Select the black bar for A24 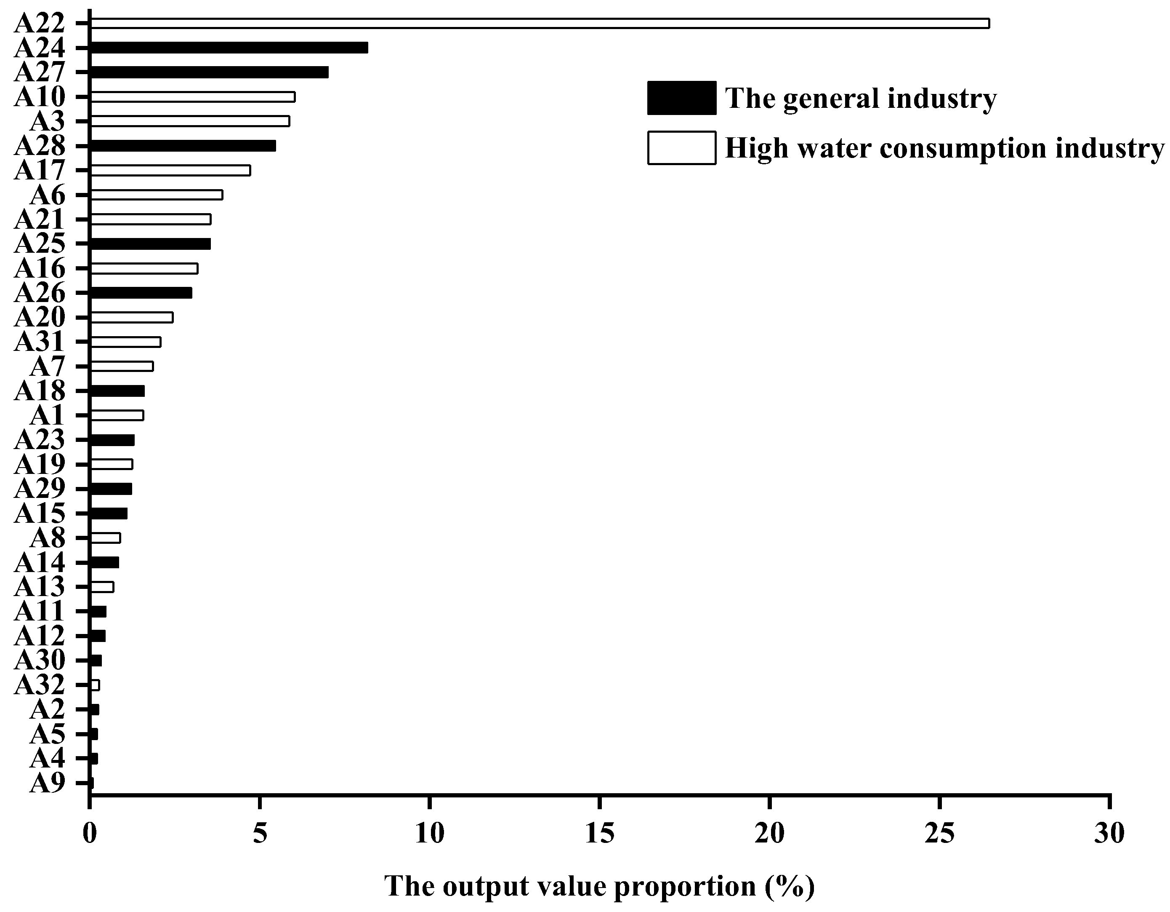pyautogui.click(x=229, y=48)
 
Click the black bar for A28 pyautogui.click(x=183, y=146)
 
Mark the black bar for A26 pyautogui.click(x=141, y=293)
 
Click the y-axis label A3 pyautogui.click(x=47, y=122)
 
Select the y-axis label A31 pyautogui.click(x=40, y=342)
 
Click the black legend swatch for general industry pyautogui.click(x=681, y=98)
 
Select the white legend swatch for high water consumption pyautogui.click(x=681, y=147)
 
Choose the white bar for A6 pyautogui.click(x=157, y=195)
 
